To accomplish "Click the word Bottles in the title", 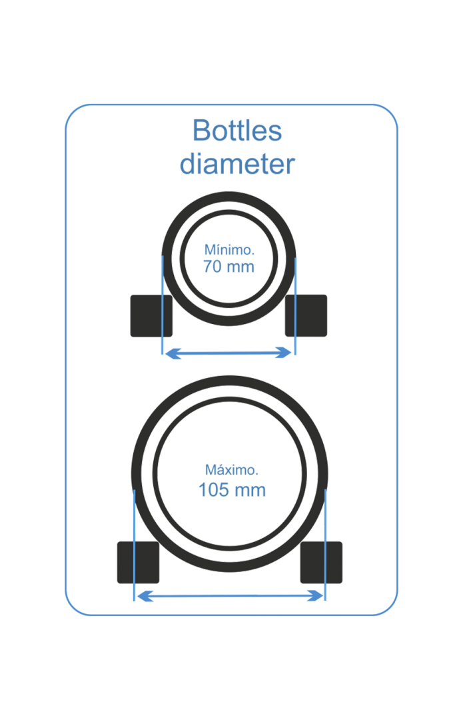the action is coord(236,131).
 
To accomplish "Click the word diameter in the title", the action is coord(237,164).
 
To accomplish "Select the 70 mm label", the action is coord(229,266).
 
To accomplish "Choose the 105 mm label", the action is coord(232,490).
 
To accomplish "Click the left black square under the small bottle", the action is coord(151,316).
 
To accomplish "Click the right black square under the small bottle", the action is coord(306,316).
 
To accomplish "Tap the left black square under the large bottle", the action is coord(138,563).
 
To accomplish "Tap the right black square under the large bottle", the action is coord(321,563).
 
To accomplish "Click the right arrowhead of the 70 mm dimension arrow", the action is coord(284,353).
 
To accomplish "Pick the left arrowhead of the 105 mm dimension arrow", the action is coord(145,596).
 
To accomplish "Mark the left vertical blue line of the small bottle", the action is coord(162,305).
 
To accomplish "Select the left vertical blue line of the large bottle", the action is coord(134,545).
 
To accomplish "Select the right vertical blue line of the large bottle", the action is coord(325,545).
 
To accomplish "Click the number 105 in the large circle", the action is coord(213,490).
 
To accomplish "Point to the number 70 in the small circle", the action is coord(212,266).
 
